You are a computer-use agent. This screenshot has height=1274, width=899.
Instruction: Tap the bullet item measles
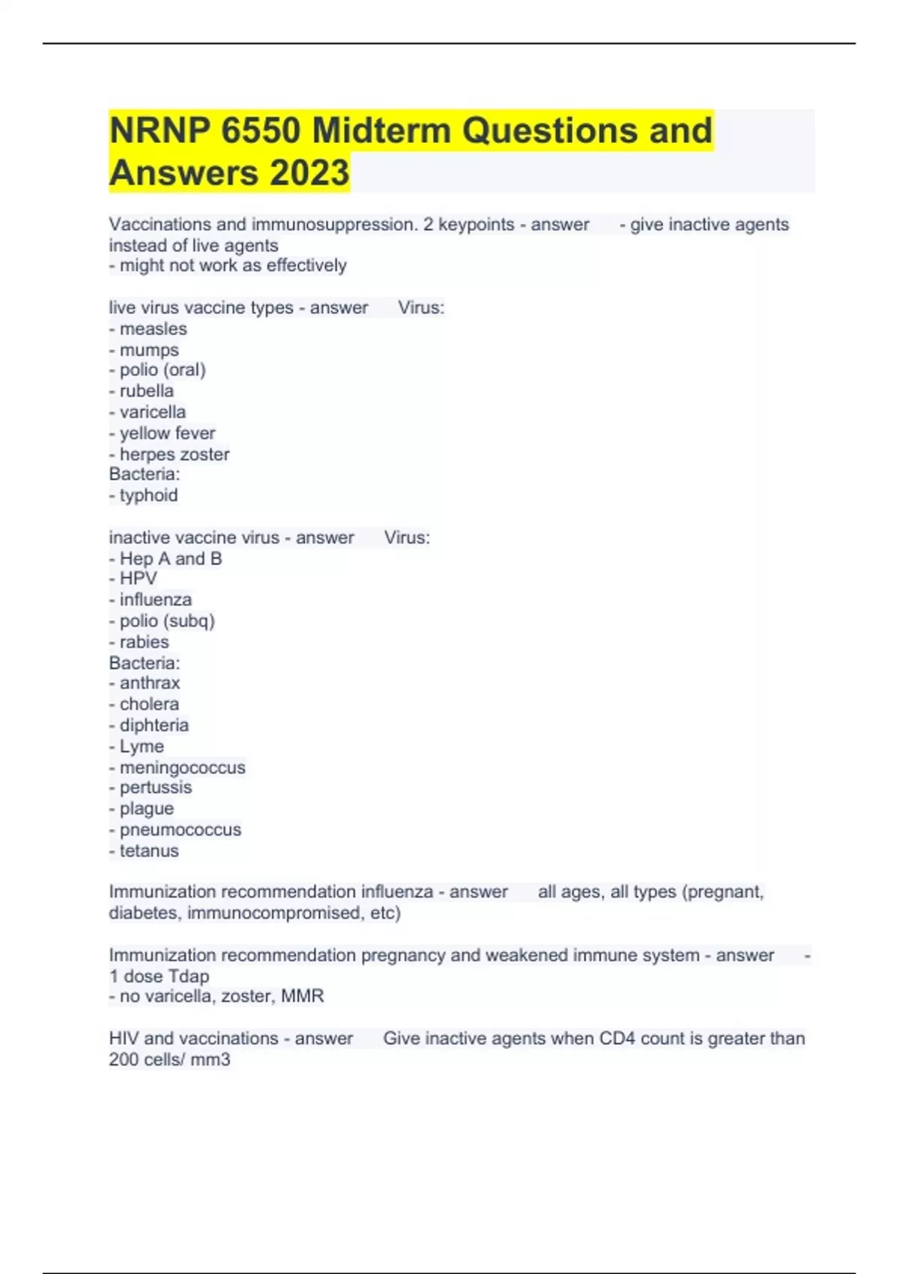click(x=153, y=329)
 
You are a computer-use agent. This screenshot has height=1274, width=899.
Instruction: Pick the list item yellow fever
click(x=167, y=433)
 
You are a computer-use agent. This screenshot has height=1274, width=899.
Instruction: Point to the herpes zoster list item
click(x=175, y=454)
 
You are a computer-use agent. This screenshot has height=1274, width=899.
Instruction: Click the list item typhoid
click(x=148, y=495)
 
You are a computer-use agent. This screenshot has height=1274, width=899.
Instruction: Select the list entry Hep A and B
click(x=171, y=559)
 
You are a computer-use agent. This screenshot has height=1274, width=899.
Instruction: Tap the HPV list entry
click(x=139, y=579)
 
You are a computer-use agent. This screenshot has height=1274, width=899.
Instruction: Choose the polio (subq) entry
click(x=167, y=621)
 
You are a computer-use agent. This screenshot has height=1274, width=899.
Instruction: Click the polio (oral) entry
click(x=163, y=370)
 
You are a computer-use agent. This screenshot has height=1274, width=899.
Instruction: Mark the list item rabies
click(x=144, y=642)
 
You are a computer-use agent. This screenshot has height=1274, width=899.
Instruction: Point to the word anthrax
click(x=150, y=683)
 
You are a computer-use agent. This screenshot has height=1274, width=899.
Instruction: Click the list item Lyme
click(x=142, y=746)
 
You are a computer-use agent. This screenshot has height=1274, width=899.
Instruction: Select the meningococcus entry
click(x=182, y=767)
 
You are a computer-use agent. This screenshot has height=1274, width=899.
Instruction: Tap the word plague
click(x=147, y=809)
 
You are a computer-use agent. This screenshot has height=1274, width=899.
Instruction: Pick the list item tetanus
click(x=149, y=851)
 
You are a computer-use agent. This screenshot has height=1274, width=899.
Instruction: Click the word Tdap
click(x=189, y=976)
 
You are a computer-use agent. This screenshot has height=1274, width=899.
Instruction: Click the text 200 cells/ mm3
click(x=169, y=1060)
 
